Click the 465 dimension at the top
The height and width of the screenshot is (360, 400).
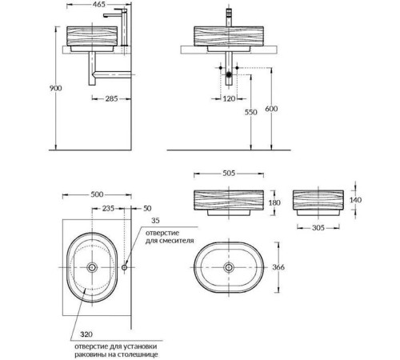tap(99, 5)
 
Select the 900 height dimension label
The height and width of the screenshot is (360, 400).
tap(55, 88)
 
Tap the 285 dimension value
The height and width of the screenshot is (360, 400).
tap(111, 98)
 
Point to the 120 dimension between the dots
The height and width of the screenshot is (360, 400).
tap(229, 98)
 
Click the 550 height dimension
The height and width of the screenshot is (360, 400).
tap(251, 112)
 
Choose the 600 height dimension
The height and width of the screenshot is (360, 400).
tap(271, 109)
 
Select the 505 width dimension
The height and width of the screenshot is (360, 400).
tap(229, 174)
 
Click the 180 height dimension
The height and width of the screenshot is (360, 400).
tap(274, 203)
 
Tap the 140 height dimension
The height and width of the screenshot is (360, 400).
tap(355, 200)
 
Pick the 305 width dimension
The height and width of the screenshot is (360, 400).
tap(318, 228)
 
